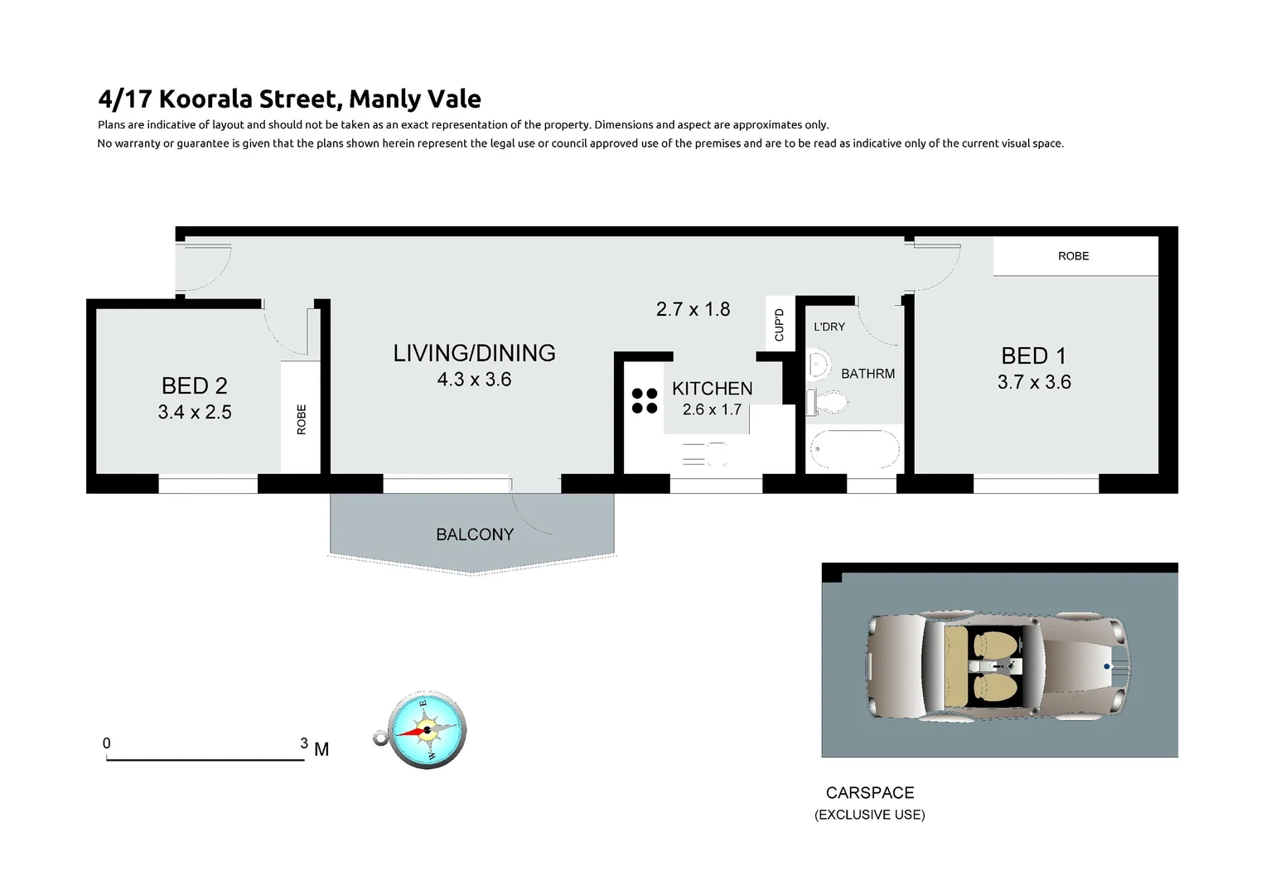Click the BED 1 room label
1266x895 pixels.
[1033, 356]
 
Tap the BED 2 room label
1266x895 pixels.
[194, 385]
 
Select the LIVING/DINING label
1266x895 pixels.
[474, 353]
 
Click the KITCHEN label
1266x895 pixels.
[712, 388]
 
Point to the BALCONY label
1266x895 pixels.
[475, 535]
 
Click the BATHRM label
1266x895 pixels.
[867, 374]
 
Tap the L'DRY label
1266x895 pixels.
[829, 327]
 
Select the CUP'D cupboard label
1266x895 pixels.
[779, 325]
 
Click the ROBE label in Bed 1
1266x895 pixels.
[1073, 256]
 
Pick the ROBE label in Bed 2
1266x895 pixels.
[302, 419]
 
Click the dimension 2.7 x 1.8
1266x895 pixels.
[693, 309]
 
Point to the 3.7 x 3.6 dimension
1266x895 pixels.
[1034, 382]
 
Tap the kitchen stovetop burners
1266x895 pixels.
[645, 400]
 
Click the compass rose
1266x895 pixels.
[427, 730]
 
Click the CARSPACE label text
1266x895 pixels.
[870, 793]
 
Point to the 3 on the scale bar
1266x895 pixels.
[304, 743]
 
